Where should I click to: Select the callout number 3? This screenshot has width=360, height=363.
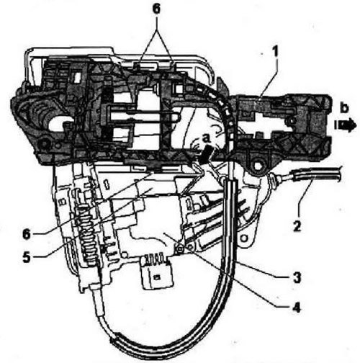click(x=297, y=278)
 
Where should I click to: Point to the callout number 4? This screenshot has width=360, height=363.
click(x=297, y=308)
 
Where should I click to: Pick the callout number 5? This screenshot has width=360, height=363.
click(x=27, y=257)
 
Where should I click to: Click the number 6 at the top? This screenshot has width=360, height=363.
click(x=156, y=9)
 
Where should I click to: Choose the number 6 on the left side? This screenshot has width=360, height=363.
click(x=27, y=234)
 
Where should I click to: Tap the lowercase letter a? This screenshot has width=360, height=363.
click(x=207, y=138)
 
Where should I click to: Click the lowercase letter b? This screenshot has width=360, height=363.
click(x=344, y=108)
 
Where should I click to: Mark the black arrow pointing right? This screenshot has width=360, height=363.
click(x=346, y=125)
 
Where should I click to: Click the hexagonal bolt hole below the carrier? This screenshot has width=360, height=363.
click(x=258, y=166)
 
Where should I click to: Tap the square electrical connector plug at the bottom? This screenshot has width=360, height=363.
click(x=157, y=275)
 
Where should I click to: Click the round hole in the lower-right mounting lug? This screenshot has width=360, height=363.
click(x=244, y=238)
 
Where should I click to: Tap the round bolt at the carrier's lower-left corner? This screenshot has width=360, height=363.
click(x=44, y=144)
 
